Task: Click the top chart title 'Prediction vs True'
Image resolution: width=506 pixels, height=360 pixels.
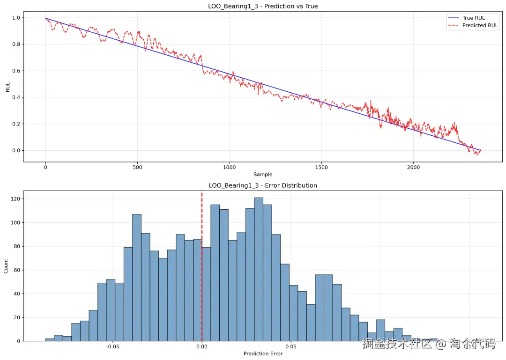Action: click(x=263, y=6)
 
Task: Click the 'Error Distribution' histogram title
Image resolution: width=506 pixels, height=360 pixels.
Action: click(x=263, y=185)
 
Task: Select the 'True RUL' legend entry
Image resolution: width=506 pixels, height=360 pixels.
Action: click(x=473, y=18)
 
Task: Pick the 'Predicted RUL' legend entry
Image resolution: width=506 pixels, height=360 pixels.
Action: click(x=480, y=26)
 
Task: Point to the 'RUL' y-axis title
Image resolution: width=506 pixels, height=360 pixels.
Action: click(x=7, y=88)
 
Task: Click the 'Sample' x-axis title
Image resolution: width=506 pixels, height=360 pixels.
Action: click(x=263, y=175)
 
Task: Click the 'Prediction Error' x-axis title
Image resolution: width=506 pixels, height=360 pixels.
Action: click(x=263, y=353)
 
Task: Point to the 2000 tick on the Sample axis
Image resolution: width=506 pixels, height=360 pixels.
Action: click(x=414, y=167)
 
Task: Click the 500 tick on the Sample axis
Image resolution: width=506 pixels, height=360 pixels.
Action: click(x=137, y=167)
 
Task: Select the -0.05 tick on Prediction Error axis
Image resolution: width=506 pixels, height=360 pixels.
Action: click(x=112, y=347)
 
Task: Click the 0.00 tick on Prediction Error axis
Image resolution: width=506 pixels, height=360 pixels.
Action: click(x=202, y=347)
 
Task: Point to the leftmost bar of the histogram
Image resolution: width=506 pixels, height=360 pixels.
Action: click(x=50, y=340)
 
